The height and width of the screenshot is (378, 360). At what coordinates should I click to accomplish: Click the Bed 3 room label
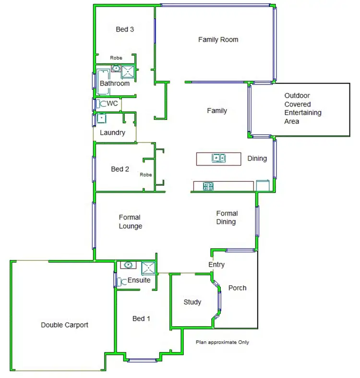(x=125, y=29)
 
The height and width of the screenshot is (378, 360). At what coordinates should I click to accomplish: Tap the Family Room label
(x=218, y=39)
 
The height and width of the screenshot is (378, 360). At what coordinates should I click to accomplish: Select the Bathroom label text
(x=115, y=83)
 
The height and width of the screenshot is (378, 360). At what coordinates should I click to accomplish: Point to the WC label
(x=112, y=103)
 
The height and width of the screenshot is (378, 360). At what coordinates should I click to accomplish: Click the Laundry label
(x=112, y=133)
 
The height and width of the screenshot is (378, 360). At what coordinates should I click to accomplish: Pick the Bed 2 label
(x=120, y=169)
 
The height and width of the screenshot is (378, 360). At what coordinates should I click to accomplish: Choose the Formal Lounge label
(x=130, y=222)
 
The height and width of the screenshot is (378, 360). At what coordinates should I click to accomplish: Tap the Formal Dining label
(x=227, y=217)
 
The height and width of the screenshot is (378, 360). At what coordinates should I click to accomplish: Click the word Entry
(x=216, y=265)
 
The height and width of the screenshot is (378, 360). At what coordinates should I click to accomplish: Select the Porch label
(x=237, y=288)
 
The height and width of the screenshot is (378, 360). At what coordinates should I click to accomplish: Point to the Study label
(x=192, y=302)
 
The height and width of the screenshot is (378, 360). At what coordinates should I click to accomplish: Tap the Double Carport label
(x=64, y=325)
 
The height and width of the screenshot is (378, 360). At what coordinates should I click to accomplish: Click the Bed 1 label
(x=142, y=319)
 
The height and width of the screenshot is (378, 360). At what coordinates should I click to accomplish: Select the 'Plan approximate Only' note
(x=223, y=343)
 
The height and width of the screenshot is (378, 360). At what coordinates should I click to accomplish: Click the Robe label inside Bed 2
(x=146, y=175)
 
